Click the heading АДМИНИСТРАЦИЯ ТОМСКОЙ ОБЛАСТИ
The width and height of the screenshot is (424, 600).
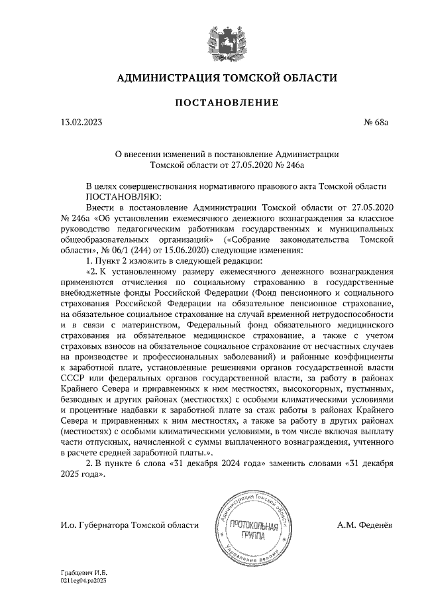[x=226, y=78]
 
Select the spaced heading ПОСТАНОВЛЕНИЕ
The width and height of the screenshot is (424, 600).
[x=226, y=103]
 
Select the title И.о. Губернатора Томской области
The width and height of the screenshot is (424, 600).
[x=129, y=525]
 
